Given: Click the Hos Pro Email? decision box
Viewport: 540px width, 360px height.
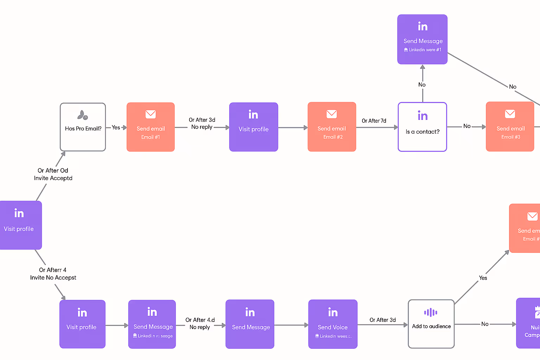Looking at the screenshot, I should click(x=83, y=127).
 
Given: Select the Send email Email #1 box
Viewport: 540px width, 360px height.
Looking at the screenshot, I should click(x=150, y=127).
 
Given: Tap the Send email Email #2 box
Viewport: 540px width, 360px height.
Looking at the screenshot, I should click(x=332, y=127).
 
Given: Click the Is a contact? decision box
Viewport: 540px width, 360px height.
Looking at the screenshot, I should click(x=422, y=127).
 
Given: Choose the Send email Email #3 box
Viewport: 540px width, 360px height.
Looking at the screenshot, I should click(x=510, y=127).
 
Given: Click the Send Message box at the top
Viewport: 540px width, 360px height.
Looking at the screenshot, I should click(x=422, y=39).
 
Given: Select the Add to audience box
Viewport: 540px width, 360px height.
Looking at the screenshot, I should click(x=431, y=324).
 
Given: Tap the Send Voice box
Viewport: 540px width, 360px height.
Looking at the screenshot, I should click(x=333, y=324).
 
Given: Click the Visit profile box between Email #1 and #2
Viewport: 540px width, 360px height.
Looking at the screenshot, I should click(x=253, y=127).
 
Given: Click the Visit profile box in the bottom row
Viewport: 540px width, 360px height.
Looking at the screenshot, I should click(x=82, y=324).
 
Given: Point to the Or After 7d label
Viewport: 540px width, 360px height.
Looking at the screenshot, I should click(x=374, y=121).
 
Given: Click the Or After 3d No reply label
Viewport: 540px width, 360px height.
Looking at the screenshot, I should click(x=202, y=123).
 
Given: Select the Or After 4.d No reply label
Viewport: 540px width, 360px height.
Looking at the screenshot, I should click(x=200, y=323).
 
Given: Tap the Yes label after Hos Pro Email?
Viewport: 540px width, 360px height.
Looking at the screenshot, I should click(x=116, y=128).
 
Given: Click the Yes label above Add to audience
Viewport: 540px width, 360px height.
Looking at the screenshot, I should click(x=483, y=278).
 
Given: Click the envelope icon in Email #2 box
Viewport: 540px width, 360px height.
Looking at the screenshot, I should click(x=332, y=114).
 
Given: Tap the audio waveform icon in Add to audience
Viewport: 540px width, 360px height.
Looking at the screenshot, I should click(x=431, y=313).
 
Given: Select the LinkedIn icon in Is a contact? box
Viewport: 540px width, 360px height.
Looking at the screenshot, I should click(x=423, y=116).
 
